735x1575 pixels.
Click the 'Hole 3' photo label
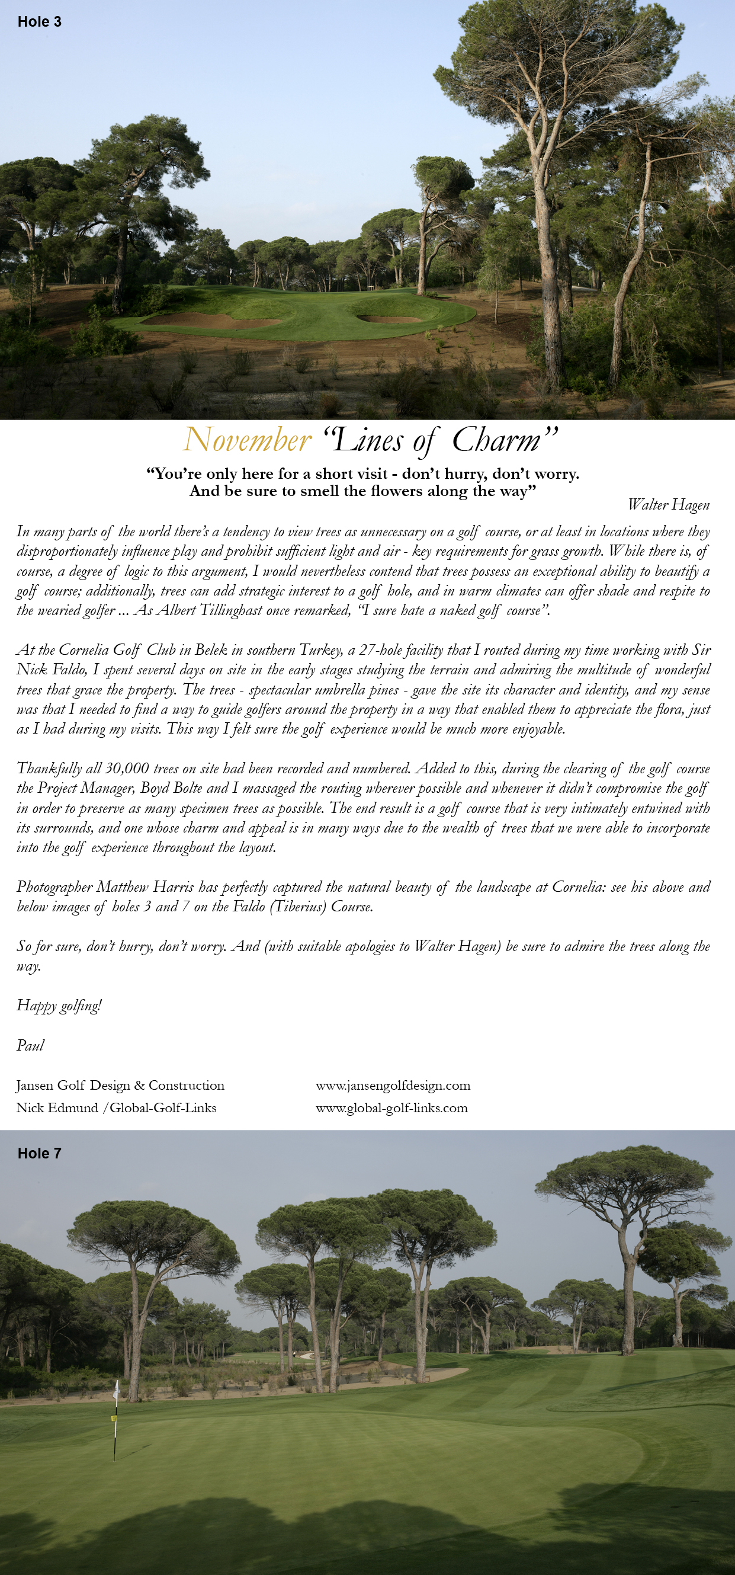coord(39,22)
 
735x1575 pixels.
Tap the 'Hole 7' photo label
coord(39,1153)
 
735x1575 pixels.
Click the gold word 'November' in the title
coord(248,440)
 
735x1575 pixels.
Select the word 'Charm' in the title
coord(496,440)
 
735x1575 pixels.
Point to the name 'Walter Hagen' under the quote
coord(669,504)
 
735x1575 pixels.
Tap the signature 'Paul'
coord(31,1045)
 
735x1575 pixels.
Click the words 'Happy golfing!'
coord(59,1006)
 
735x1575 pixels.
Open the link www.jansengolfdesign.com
coord(393,1086)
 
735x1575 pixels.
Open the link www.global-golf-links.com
coord(391,1108)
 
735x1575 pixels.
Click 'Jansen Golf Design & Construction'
coord(120,1086)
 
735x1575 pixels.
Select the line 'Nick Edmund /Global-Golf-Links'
coord(116,1108)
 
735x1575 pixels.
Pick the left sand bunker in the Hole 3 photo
coord(195,319)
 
